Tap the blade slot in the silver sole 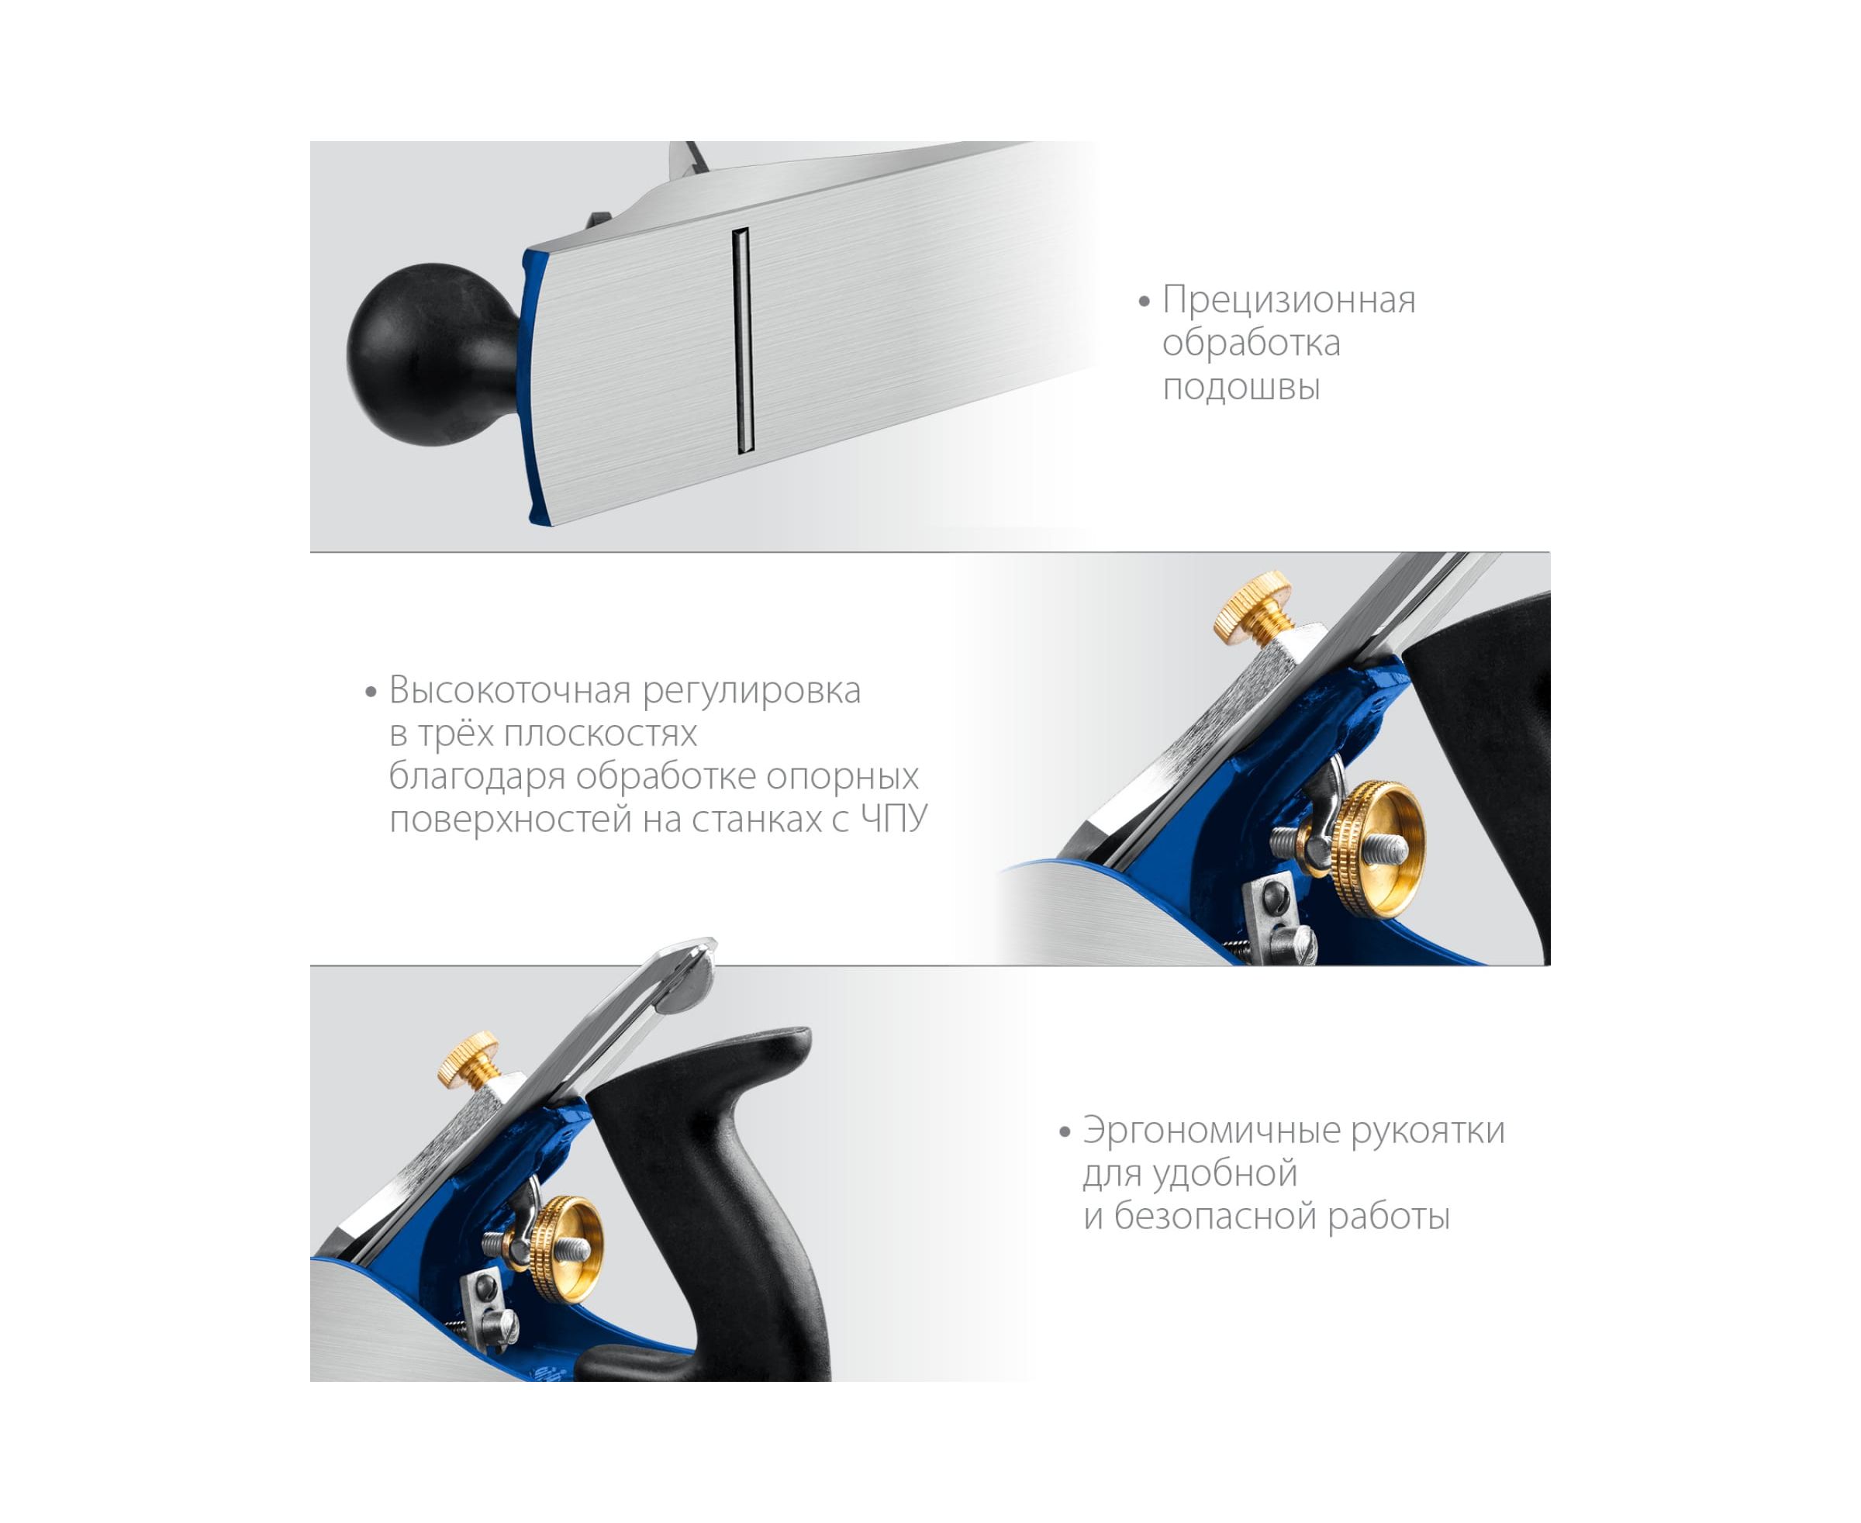[743, 341]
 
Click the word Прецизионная [1289, 301]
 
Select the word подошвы [1241, 387]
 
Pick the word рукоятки [1428, 1131]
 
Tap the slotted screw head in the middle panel [1293, 942]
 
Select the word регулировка [752, 691]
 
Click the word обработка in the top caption [1252, 342]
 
